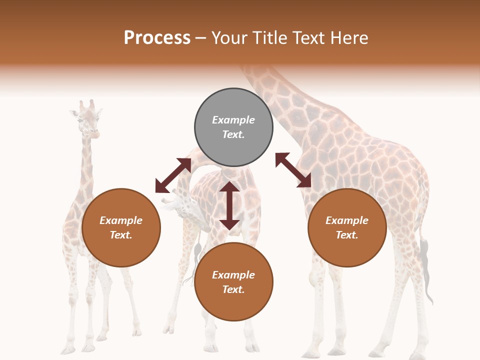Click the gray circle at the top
[233, 127]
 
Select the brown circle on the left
[121, 227]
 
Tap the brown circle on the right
[347, 227]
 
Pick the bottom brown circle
[233, 282]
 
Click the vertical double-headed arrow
[229, 205]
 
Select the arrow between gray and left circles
[173, 175]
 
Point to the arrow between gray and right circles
[293, 170]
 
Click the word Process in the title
[157, 38]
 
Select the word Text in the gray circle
[233, 134]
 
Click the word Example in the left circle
[121, 220]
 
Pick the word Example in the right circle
[347, 220]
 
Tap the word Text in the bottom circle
[233, 289]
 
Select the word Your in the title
[230, 38]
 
